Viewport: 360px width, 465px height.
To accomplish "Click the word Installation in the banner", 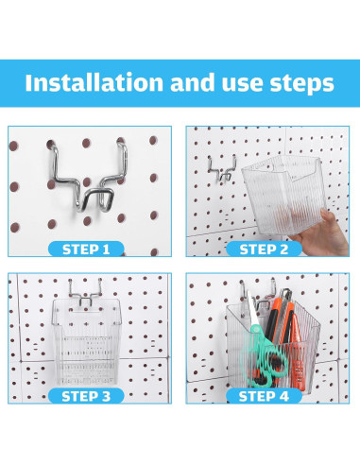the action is click(x=94, y=82).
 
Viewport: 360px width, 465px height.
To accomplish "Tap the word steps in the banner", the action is click(x=301, y=83).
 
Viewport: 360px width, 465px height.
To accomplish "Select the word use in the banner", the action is click(x=243, y=83).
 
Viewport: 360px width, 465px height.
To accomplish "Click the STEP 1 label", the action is click(x=86, y=250).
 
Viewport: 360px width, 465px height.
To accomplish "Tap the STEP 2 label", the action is click(x=264, y=250).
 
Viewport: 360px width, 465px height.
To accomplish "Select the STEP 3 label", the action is click(x=86, y=396).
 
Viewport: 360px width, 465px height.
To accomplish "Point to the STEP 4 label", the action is click(x=264, y=396).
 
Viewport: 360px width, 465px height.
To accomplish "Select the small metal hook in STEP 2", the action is click(x=222, y=169).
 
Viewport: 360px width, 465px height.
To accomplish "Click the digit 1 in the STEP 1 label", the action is click(x=106, y=250).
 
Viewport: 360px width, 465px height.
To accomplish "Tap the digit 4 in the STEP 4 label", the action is click(x=283, y=396).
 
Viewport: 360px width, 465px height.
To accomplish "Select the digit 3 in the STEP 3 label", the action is click(x=106, y=396).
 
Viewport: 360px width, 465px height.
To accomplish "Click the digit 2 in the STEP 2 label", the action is click(x=283, y=250).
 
